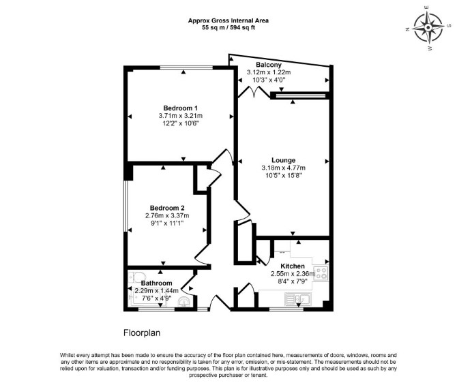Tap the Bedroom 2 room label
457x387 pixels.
[167, 208]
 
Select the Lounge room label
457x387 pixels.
[283, 160]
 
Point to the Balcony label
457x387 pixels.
[269, 65]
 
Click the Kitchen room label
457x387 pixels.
[293, 266]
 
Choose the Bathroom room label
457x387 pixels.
[156, 283]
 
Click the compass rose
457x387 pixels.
[428, 28]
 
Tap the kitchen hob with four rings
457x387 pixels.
[321, 273]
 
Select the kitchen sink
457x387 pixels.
[298, 299]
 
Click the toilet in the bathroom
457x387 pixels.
[136, 277]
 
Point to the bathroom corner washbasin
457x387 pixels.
[184, 301]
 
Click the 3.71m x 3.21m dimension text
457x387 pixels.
[180, 116]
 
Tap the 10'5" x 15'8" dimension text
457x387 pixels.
[283, 175]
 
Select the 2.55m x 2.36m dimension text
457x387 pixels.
[293, 274]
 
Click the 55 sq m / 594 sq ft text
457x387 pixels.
[228, 28]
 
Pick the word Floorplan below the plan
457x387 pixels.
[142, 332]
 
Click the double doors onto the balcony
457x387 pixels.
[254, 92]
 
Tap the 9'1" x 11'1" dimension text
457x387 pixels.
[167, 223]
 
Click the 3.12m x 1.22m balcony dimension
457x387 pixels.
[269, 72]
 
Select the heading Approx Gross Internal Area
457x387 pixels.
[228, 20]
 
